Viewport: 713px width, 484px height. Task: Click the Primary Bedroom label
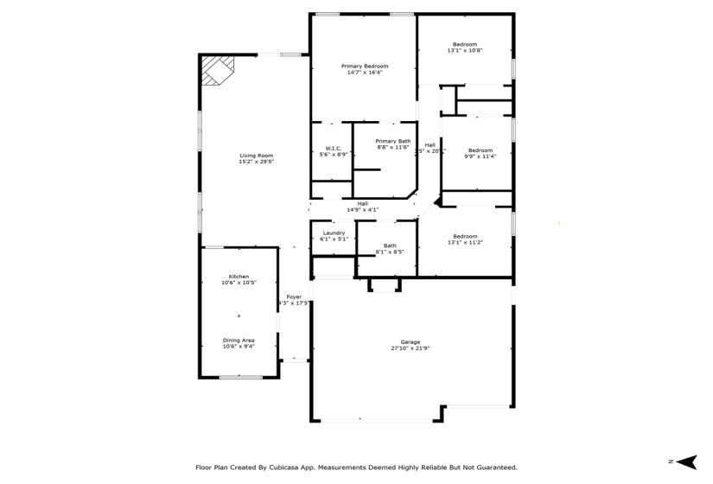click(364, 67)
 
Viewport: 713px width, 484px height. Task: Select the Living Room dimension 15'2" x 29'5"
click(256, 162)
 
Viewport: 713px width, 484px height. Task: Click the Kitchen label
click(239, 277)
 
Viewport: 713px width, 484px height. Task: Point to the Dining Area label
click(239, 341)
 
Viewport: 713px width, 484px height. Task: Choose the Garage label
click(410, 341)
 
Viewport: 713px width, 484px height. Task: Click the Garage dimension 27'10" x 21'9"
click(410, 348)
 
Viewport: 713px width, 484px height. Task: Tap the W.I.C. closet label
click(333, 148)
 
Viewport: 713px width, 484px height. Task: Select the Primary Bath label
click(393, 141)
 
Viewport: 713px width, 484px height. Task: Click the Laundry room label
click(334, 232)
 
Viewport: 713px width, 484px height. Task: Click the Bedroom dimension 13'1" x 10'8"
click(465, 51)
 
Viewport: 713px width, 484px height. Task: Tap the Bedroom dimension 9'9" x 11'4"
click(480, 156)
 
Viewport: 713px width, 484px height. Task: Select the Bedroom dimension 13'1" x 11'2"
click(465, 243)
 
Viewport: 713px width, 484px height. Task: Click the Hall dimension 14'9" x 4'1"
click(362, 210)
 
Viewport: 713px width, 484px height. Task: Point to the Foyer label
click(294, 296)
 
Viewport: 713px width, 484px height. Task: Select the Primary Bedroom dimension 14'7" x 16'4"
click(364, 73)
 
